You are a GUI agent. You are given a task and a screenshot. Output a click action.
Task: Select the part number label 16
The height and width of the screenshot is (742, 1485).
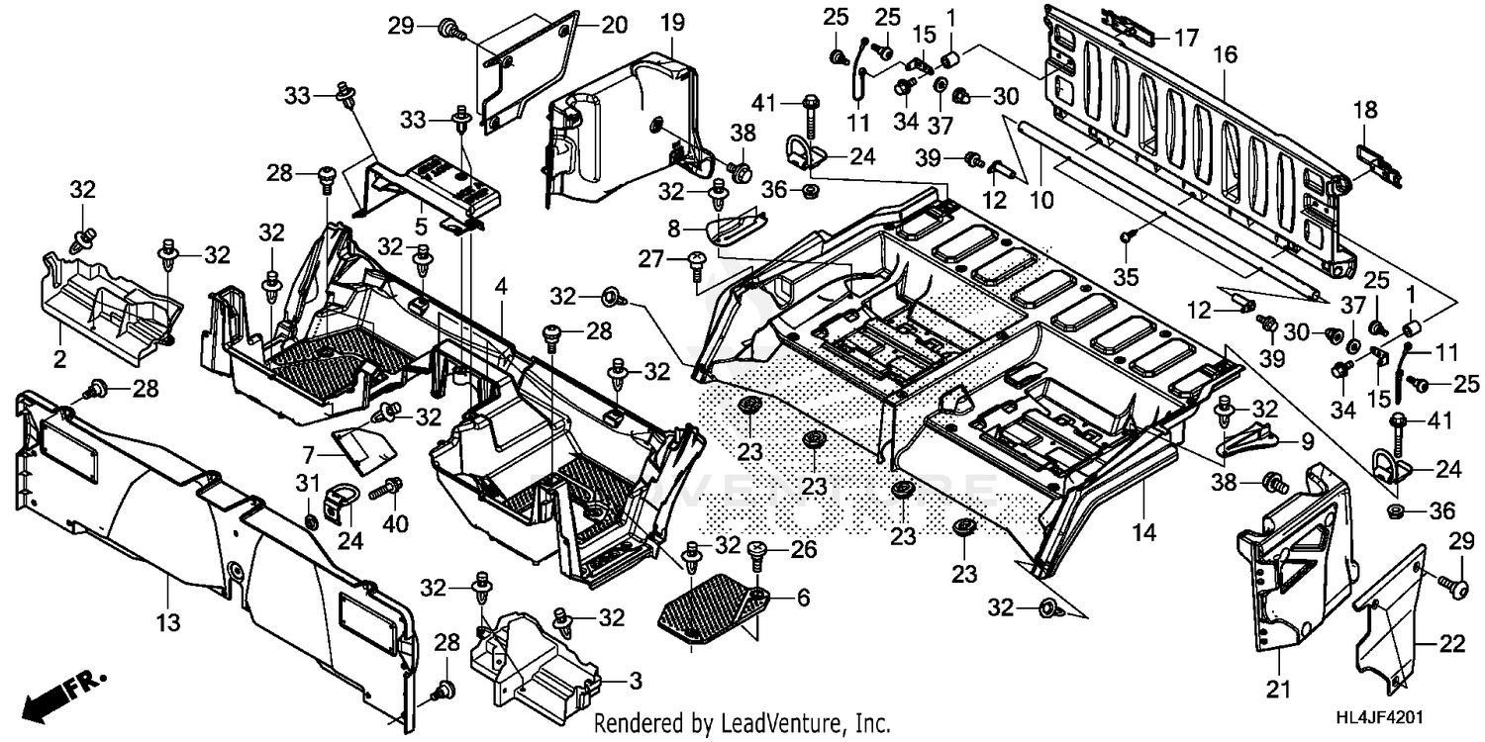pyautogui.click(x=1225, y=55)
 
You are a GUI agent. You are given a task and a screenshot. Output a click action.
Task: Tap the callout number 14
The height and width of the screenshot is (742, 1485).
pyautogui.click(x=1143, y=533)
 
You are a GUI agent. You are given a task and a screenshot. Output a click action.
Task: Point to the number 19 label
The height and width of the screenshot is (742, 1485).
pyautogui.click(x=672, y=21)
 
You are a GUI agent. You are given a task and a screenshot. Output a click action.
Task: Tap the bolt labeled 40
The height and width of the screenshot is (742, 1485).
pyautogui.click(x=384, y=489)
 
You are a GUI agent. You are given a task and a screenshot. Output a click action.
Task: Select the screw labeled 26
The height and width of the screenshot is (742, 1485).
pyautogui.click(x=760, y=553)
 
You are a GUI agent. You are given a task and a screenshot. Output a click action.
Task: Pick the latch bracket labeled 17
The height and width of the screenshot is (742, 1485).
pyautogui.click(x=1127, y=31)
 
